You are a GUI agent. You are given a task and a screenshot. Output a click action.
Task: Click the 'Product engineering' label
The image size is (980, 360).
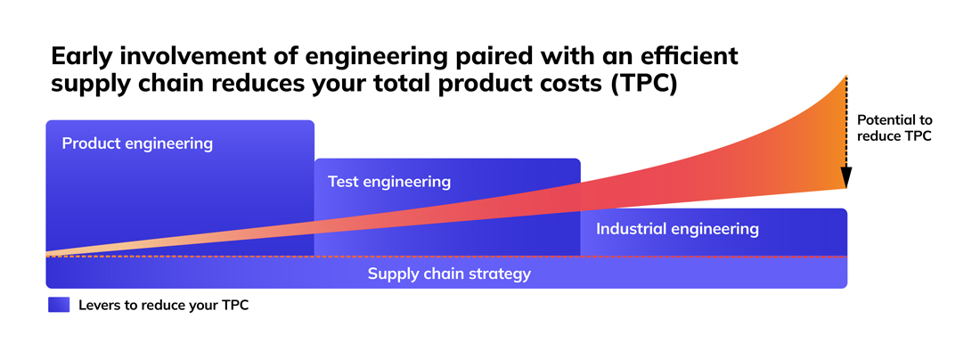(x=137, y=143)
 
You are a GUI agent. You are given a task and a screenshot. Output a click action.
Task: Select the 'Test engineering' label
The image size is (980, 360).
(x=388, y=182)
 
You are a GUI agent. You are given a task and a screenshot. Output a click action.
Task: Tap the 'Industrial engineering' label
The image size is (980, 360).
(x=677, y=229)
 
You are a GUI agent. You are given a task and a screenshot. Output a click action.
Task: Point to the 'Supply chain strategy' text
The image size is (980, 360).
(x=449, y=274)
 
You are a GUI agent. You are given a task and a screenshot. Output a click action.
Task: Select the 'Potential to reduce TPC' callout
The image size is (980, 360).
(x=894, y=127)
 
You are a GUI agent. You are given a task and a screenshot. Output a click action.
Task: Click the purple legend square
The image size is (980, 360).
(x=58, y=305)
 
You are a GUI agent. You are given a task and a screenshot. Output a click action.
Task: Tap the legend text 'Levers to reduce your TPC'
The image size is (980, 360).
(x=163, y=305)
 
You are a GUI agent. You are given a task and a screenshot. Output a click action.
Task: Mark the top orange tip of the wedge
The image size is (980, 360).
(x=845, y=79)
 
